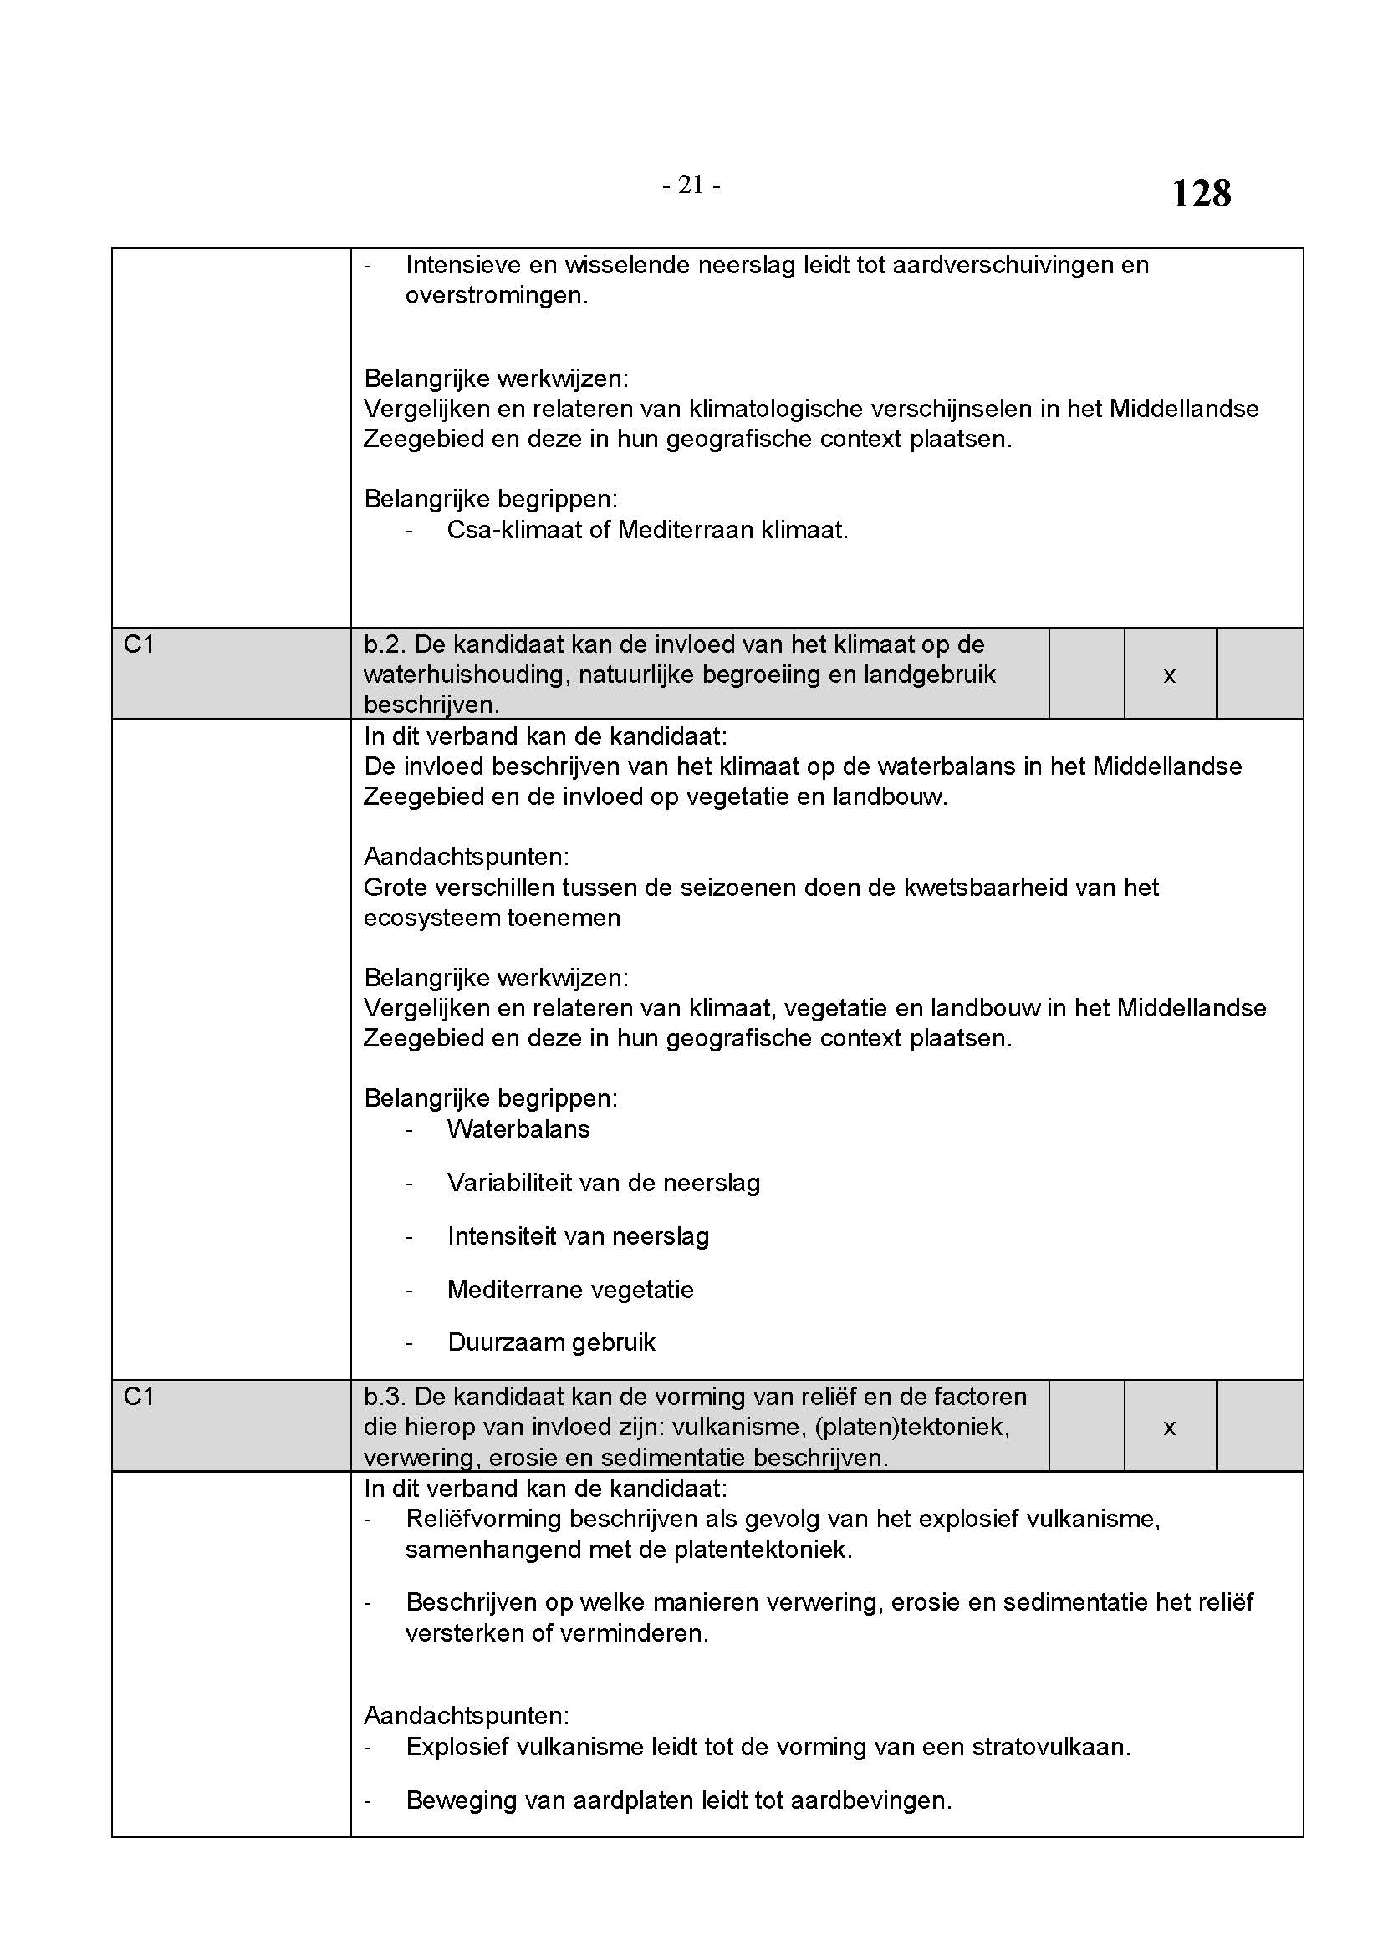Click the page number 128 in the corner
(x=1201, y=193)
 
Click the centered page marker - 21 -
(x=691, y=185)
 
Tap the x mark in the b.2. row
(x=1169, y=675)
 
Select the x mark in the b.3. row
(x=1169, y=1428)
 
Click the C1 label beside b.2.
(x=139, y=644)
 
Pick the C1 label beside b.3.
(x=139, y=1398)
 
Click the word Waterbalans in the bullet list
(x=518, y=1129)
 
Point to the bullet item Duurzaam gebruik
(x=551, y=1343)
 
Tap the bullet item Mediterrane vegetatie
(x=569, y=1290)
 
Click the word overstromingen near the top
(x=496, y=297)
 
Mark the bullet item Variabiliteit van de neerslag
(x=603, y=1183)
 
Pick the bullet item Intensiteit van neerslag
(x=578, y=1236)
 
